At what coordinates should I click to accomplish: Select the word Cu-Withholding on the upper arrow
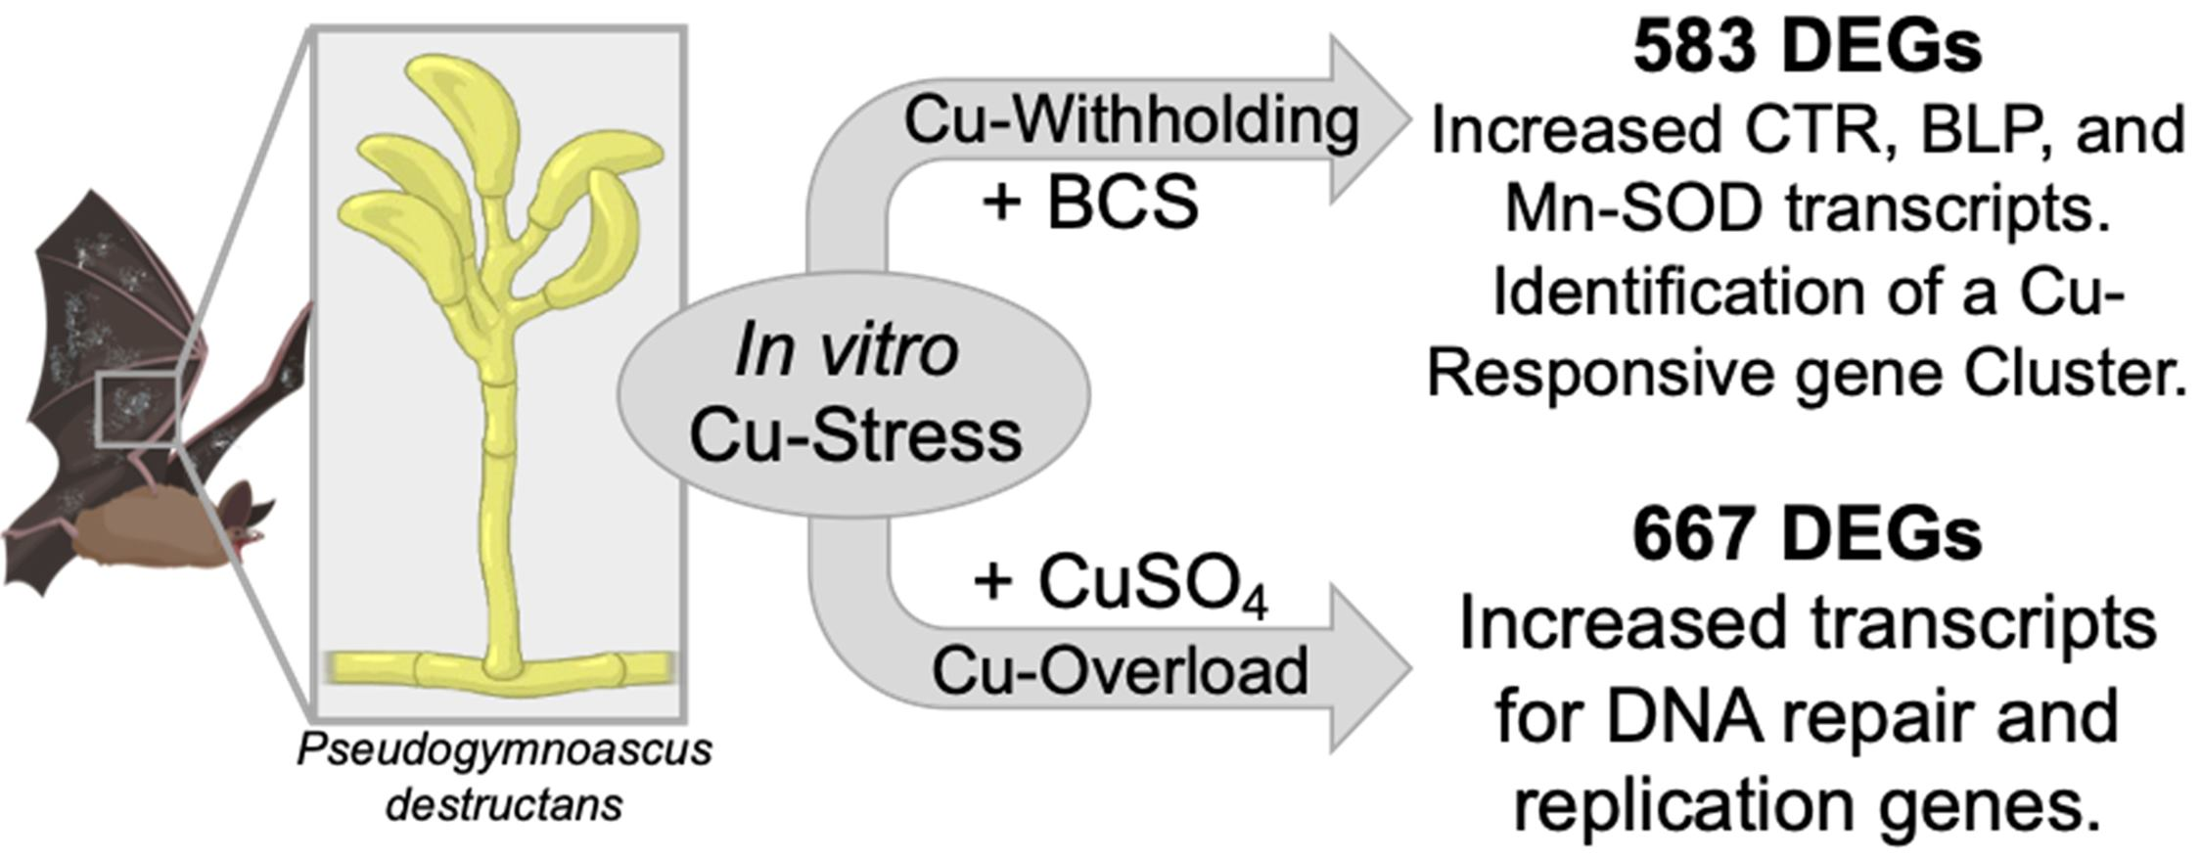(1130, 120)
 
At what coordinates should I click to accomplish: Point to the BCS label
(1123, 203)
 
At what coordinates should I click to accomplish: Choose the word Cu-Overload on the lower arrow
(1120, 670)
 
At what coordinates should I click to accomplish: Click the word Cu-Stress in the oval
(855, 435)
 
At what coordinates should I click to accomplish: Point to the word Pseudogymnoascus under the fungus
(504, 750)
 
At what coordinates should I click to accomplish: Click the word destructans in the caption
(504, 805)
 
